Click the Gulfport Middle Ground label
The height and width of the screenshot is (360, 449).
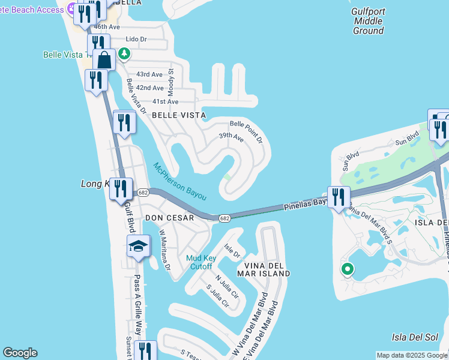[368, 21]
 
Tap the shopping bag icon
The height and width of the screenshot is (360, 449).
[104, 59]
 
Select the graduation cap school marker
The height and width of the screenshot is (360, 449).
[138, 246]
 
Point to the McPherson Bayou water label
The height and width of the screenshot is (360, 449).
[179, 181]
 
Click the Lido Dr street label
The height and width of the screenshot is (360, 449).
[136, 40]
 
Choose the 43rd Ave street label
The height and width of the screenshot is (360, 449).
[149, 74]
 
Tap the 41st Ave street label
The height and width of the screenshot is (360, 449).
[165, 102]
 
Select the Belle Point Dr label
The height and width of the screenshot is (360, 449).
[246, 131]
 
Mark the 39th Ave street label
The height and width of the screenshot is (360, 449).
[231, 138]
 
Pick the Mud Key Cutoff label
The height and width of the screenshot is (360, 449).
[200, 262]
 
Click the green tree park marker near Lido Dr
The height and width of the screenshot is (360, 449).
[124, 54]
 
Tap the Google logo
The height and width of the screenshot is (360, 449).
[20, 353]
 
